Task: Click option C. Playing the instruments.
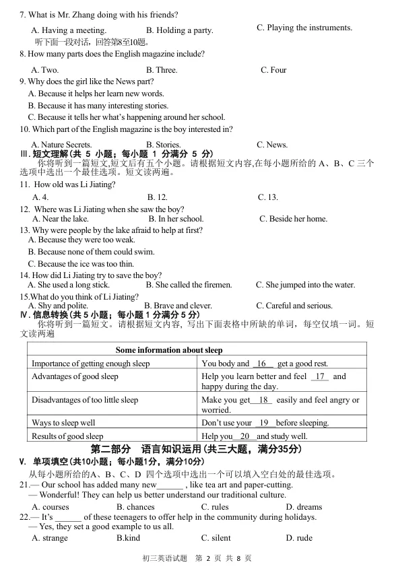[304, 28]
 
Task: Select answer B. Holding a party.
[179, 30]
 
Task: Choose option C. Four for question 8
[273, 70]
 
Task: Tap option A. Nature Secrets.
[61, 145]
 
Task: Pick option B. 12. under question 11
[157, 197]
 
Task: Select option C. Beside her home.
[294, 219]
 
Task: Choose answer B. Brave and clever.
[178, 306]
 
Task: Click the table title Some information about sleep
[169, 350]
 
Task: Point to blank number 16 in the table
[263, 364]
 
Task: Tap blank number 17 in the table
[320, 376]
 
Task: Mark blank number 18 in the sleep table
[264, 400]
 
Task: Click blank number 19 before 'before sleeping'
[264, 423]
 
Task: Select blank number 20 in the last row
[244, 436]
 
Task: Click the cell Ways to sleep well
[63, 423]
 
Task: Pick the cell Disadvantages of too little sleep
[85, 400]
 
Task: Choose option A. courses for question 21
[51, 507]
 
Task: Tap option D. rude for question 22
[299, 538]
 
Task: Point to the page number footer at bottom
[197, 558]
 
